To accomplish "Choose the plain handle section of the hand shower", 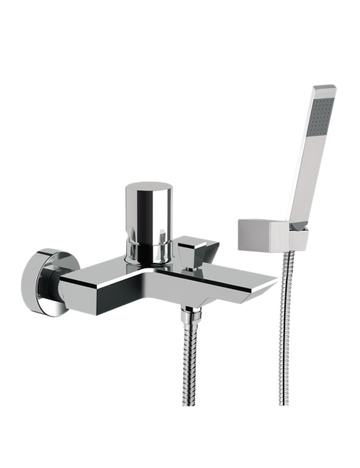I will pyautogui.click(x=300, y=187).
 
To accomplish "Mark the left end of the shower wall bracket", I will pyautogui.click(x=236, y=234).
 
